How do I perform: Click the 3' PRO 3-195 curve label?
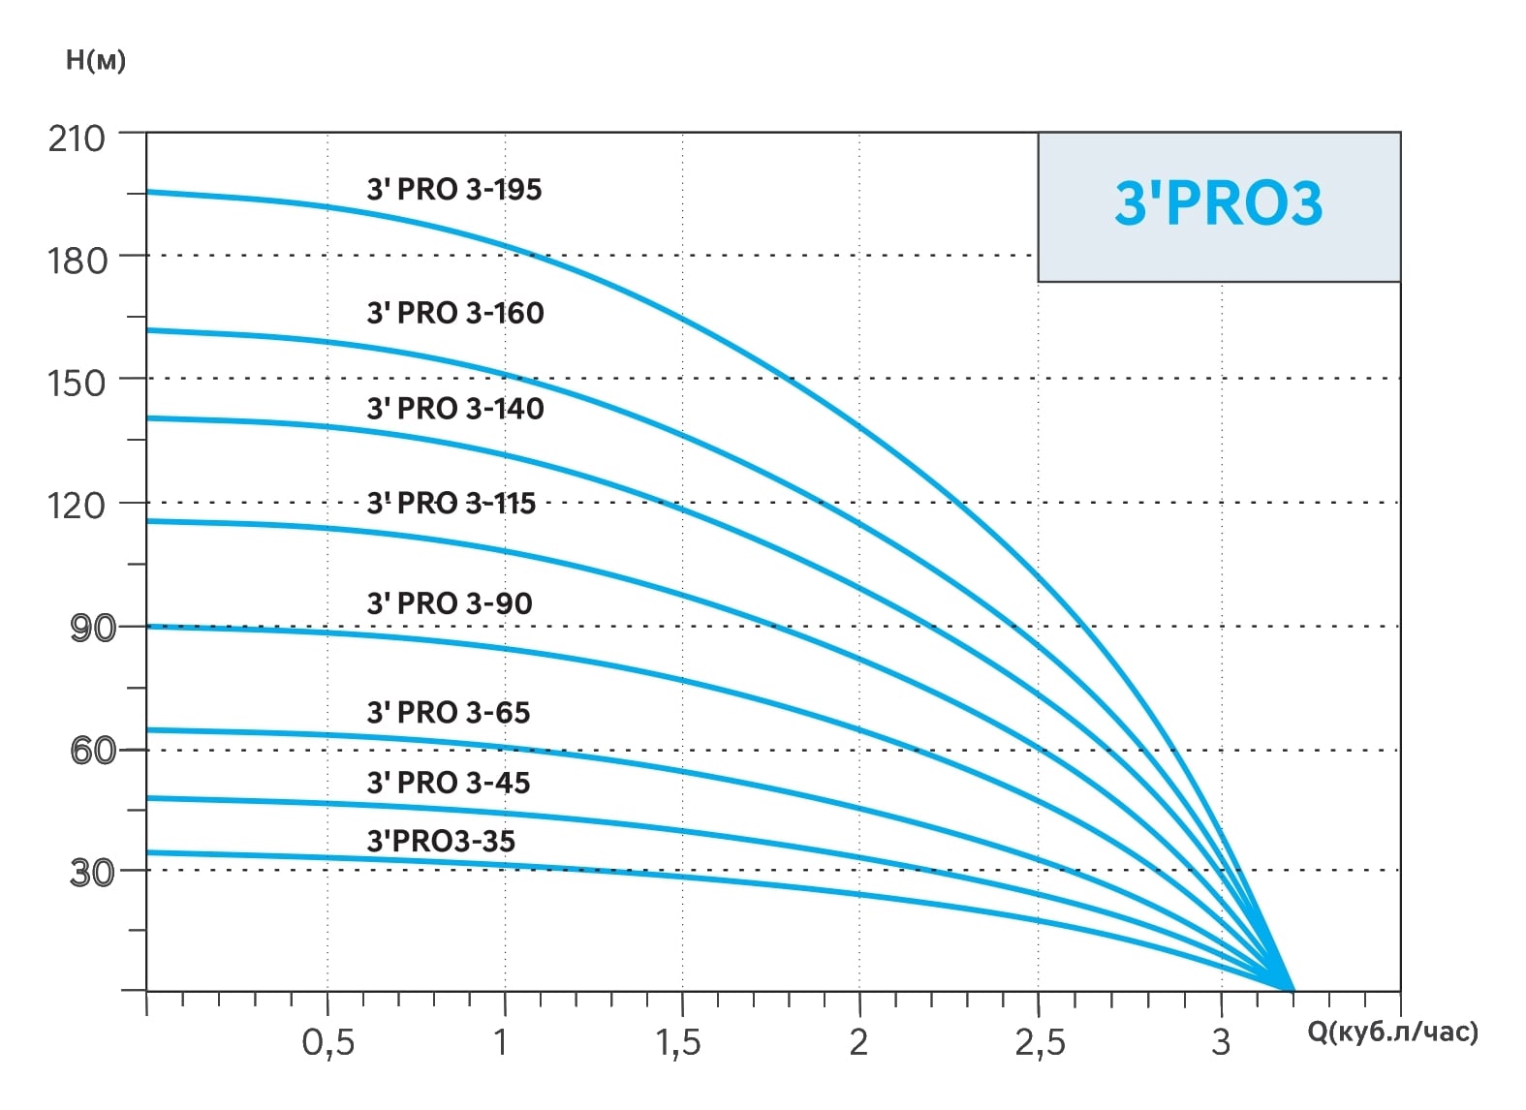point(453,190)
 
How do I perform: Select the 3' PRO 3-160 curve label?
point(454,313)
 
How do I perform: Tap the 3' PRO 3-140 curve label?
point(454,409)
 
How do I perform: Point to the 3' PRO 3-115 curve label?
point(451,504)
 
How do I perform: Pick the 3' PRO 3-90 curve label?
point(449,603)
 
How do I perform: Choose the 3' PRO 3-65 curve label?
point(448,713)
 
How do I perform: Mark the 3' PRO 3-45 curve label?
point(448,783)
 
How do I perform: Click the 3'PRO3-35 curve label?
point(440,841)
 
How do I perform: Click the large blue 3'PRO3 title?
point(1218,203)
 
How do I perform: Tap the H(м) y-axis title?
point(95,60)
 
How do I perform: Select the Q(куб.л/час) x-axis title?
point(1392,1033)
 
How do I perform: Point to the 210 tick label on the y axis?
point(77,139)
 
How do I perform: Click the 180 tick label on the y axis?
point(77,261)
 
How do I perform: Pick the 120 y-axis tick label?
point(77,505)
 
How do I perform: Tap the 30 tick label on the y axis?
point(93,873)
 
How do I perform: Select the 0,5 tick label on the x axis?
point(327,1043)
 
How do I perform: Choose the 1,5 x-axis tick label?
point(677,1043)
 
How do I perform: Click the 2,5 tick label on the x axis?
point(1040,1043)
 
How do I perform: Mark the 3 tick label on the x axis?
point(1220,1043)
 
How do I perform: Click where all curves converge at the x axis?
point(1292,989)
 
